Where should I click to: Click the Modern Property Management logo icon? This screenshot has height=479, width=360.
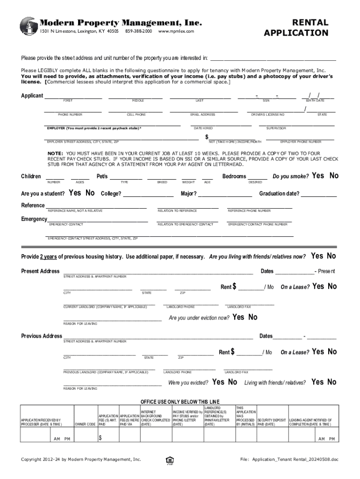click(29, 26)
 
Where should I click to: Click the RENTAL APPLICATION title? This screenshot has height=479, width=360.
click(296, 28)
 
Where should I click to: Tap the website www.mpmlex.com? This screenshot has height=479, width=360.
click(176, 31)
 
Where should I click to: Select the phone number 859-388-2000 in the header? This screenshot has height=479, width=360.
click(139, 31)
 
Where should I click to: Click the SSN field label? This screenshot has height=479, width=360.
click(266, 101)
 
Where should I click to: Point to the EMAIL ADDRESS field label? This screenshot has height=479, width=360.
click(202, 115)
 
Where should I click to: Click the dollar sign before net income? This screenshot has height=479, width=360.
click(207, 137)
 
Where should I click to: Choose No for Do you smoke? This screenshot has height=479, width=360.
click(333, 176)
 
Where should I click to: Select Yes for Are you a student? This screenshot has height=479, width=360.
click(75, 193)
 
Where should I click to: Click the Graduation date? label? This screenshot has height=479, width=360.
click(279, 194)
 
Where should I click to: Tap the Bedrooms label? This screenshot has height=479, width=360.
click(234, 176)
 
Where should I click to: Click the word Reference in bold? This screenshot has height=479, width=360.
click(33, 205)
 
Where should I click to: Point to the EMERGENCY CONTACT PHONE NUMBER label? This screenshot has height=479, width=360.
click(258, 225)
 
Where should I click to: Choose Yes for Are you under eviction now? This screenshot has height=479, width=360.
click(238, 317)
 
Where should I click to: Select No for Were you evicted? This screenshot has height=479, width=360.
click(232, 382)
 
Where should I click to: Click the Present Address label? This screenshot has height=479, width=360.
click(41, 271)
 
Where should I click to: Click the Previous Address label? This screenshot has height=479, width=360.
click(42, 336)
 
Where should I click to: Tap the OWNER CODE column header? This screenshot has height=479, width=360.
click(85, 424)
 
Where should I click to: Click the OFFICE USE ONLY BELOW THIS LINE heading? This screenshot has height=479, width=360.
click(180, 402)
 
